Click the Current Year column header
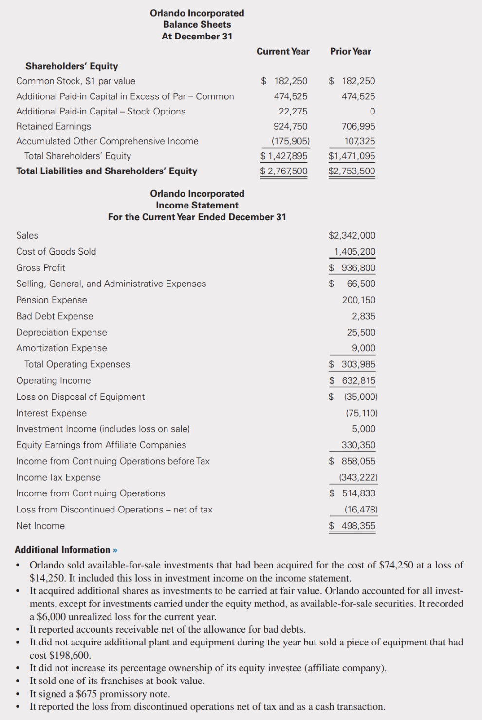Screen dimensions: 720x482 coord(283,51)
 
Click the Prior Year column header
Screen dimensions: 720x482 coord(350,51)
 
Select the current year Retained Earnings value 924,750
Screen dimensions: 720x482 coord(290,126)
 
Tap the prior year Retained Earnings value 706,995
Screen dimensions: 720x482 coord(358,126)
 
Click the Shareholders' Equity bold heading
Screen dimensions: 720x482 coord(72,66)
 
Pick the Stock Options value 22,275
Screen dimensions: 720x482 coord(293,111)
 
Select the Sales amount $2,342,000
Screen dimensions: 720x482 coord(352,235)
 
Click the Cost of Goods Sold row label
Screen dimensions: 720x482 coord(56,251)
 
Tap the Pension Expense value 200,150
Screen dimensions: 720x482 coord(358,300)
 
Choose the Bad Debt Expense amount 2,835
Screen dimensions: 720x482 coord(364,316)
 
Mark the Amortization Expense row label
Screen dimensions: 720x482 coord(61,348)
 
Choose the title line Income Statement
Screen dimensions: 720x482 coord(197,205)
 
